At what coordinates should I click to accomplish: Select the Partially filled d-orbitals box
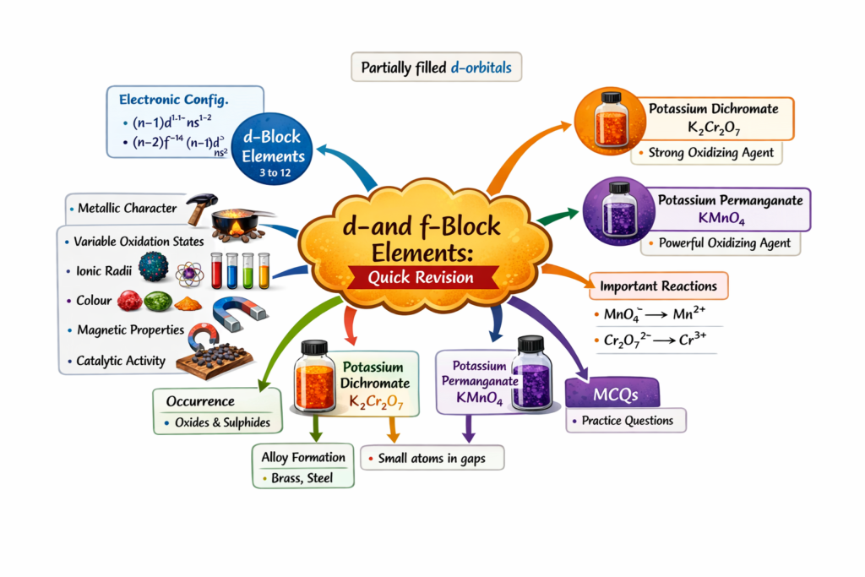tap(436, 67)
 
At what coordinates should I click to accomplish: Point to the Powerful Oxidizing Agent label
tap(723, 243)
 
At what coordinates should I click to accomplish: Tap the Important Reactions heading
tap(659, 286)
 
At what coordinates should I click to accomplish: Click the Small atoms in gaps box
tap(432, 459)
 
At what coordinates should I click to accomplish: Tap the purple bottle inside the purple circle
tap(619, 214)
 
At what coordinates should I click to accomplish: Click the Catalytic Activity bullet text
tap(121, 361)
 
